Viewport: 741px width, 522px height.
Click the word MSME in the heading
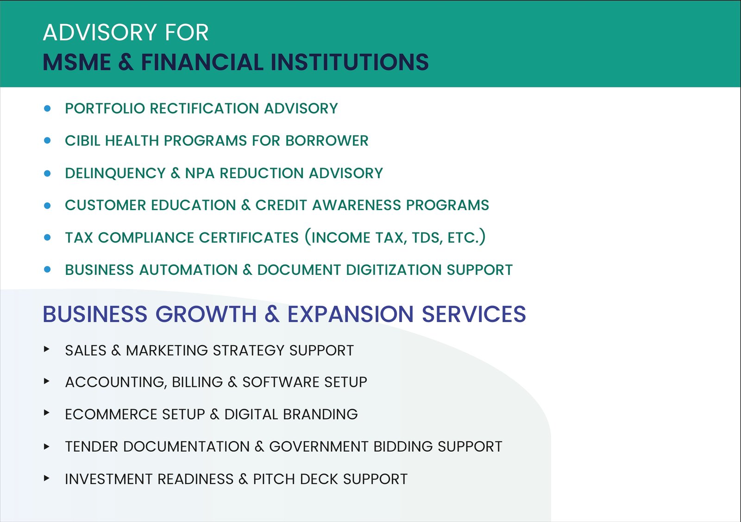click(x=77, y=62)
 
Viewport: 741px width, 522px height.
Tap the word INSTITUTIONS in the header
click(x=350, y=62)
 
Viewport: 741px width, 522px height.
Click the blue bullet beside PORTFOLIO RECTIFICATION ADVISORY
click(x=47, y=108)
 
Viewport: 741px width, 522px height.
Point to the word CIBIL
click(x=82, y=141)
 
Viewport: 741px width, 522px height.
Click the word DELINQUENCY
click(x=115, y=173)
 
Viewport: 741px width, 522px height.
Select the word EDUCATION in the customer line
click(x=193, y=205)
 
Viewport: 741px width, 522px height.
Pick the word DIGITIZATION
click(x=394, y=270)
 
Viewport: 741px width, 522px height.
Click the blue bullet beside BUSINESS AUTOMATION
click(x=47, y=269)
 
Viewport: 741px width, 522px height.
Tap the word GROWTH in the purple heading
click(x=206, y=314)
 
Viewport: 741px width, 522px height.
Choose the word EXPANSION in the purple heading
click(x=350, y=314)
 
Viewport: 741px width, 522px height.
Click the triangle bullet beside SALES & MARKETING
click(x=47, y=349)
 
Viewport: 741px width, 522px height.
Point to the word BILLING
click(x=197, y=382)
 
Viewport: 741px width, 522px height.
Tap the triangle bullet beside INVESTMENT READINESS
click(x=47, y=478)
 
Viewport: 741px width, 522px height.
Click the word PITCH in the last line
click(x=274, y=479)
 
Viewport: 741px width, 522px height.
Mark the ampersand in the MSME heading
click(x=126, y=62)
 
